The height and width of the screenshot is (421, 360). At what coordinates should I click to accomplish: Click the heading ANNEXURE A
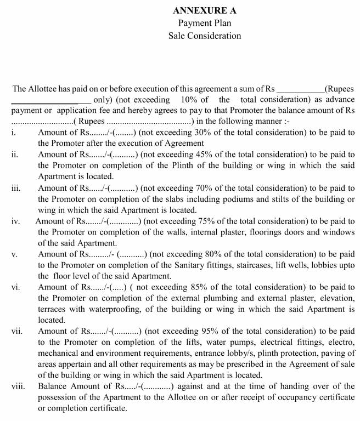pos(205,10)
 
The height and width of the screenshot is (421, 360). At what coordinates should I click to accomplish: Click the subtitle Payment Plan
pos(205,23)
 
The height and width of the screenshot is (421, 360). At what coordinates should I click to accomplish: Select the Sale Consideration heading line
pos(205,36)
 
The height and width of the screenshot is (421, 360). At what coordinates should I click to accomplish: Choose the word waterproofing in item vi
pos(101,309)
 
